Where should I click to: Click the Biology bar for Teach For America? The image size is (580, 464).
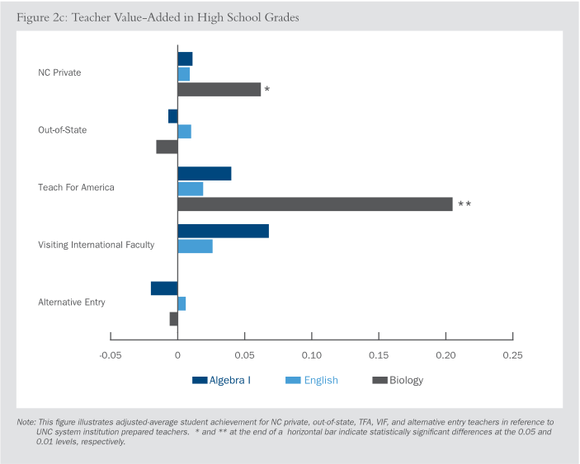coord(315,204)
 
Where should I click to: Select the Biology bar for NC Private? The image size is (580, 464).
coord(219,89)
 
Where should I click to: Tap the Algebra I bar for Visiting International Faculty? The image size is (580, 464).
coord(224,231)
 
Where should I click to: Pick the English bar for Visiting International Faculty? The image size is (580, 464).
coord(196,246)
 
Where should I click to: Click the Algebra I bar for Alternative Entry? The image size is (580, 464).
coord(164,288)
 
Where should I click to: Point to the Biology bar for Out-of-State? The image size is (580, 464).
coord(167,147)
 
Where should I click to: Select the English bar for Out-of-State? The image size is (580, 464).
coord(185,132)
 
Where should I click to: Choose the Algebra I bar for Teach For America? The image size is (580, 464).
coord(205,174)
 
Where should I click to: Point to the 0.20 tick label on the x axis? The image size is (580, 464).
coord(446,355)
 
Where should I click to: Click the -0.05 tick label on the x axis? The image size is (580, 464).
coord(110,355)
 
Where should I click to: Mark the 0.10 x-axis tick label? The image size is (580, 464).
coord(312,355)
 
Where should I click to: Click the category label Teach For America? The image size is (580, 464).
coord(76,187)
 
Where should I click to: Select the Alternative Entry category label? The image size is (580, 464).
coord(72,302)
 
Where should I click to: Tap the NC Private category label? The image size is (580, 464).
coord(59,73)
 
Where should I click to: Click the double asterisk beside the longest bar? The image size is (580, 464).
coord(464,204)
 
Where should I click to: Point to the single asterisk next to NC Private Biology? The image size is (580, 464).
coord(267,89)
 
